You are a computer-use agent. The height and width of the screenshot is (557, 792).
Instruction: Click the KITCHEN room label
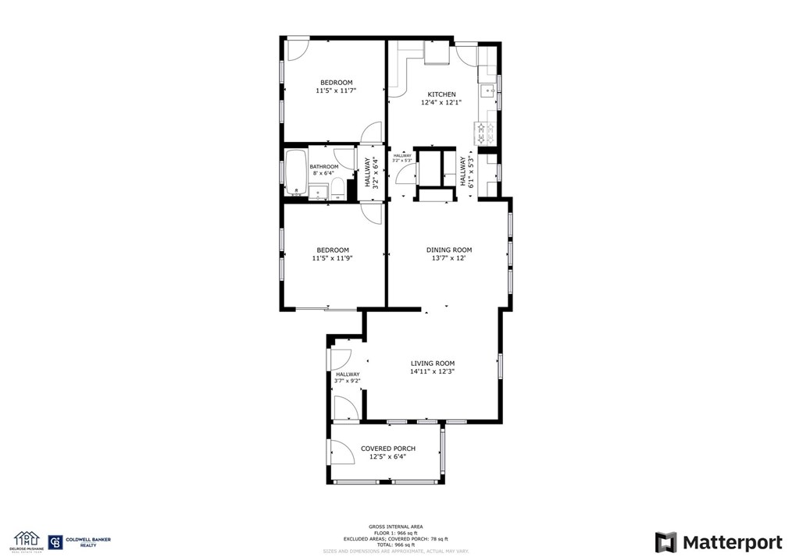[441, 94]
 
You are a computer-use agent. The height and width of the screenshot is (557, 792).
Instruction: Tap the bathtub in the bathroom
[296, 172]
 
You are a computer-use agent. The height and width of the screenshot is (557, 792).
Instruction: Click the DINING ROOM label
[448, 250]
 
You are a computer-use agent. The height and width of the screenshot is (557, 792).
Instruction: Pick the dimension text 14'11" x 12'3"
[433, 372]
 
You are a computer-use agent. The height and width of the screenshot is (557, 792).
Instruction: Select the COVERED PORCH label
[387, 449]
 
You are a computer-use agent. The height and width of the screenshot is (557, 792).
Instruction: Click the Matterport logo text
[719, 542]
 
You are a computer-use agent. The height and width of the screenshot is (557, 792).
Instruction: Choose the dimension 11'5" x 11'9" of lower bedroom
[333, 258]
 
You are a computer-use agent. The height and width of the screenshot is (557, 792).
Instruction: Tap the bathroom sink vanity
[318, 192]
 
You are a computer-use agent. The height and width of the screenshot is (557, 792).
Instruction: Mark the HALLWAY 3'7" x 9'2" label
[348, 378]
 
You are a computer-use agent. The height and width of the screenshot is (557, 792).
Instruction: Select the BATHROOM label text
[324, 167]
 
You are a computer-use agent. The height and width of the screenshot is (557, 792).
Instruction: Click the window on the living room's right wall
[500, 366]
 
